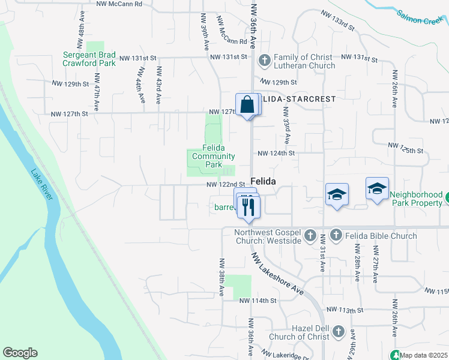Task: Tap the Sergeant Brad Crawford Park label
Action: tap(89, 59)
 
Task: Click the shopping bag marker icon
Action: tap(247, 105)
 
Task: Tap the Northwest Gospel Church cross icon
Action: tap(310, 236)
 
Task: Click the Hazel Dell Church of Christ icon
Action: tap(338, 331)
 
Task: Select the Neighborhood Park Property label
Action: tap(417, 199)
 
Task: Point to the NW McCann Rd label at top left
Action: tap(119, 4)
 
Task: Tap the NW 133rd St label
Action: tap(338, 20)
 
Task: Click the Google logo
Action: tap(20, 353)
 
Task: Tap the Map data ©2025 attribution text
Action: tap(424, 355)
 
